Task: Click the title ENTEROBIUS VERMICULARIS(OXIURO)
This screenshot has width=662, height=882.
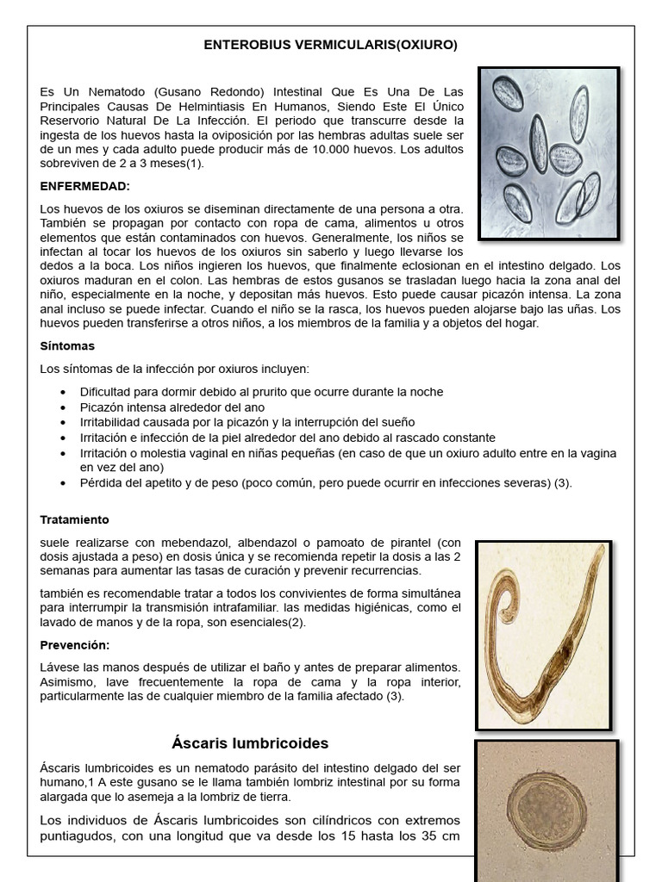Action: pos(330,45)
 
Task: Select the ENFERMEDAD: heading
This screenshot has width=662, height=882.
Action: pos(85,185)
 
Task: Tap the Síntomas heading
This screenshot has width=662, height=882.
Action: pos(67,345)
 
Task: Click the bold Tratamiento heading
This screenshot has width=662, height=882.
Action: pos(75,519)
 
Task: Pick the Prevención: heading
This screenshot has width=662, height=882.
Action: pos(76,644)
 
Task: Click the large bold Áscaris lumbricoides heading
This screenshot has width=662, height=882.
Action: pos(248,742)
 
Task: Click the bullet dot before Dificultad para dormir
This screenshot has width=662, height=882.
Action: pos(64,392)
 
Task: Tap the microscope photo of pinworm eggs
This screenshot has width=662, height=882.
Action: pos(548,153)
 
